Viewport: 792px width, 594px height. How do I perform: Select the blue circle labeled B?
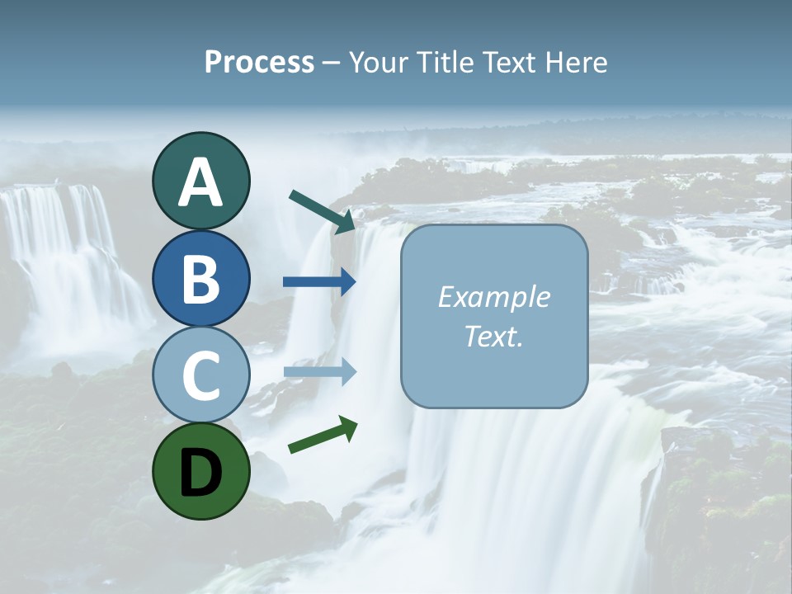(x=200, y=278)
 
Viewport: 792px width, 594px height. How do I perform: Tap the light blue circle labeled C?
(x=200, y=375)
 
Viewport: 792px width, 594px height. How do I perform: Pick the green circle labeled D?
(x=200, y=471)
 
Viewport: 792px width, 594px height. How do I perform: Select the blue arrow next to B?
(x=320, y=282)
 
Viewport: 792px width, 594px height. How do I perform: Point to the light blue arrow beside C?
(x=320, y=372)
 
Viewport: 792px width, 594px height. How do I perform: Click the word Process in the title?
(x=259, y=63)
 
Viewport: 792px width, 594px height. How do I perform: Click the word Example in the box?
(x=493, y=297)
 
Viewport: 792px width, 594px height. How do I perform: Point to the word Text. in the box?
(x=493, y=337)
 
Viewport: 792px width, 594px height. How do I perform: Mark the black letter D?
(x=200, y=471)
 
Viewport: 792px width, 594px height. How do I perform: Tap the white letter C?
(x=200, y=375)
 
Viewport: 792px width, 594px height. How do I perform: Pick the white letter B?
(x=200, y=279)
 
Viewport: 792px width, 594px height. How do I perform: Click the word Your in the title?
(x=375, y=63)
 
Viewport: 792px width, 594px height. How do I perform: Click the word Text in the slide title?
(x=507, y=63)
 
